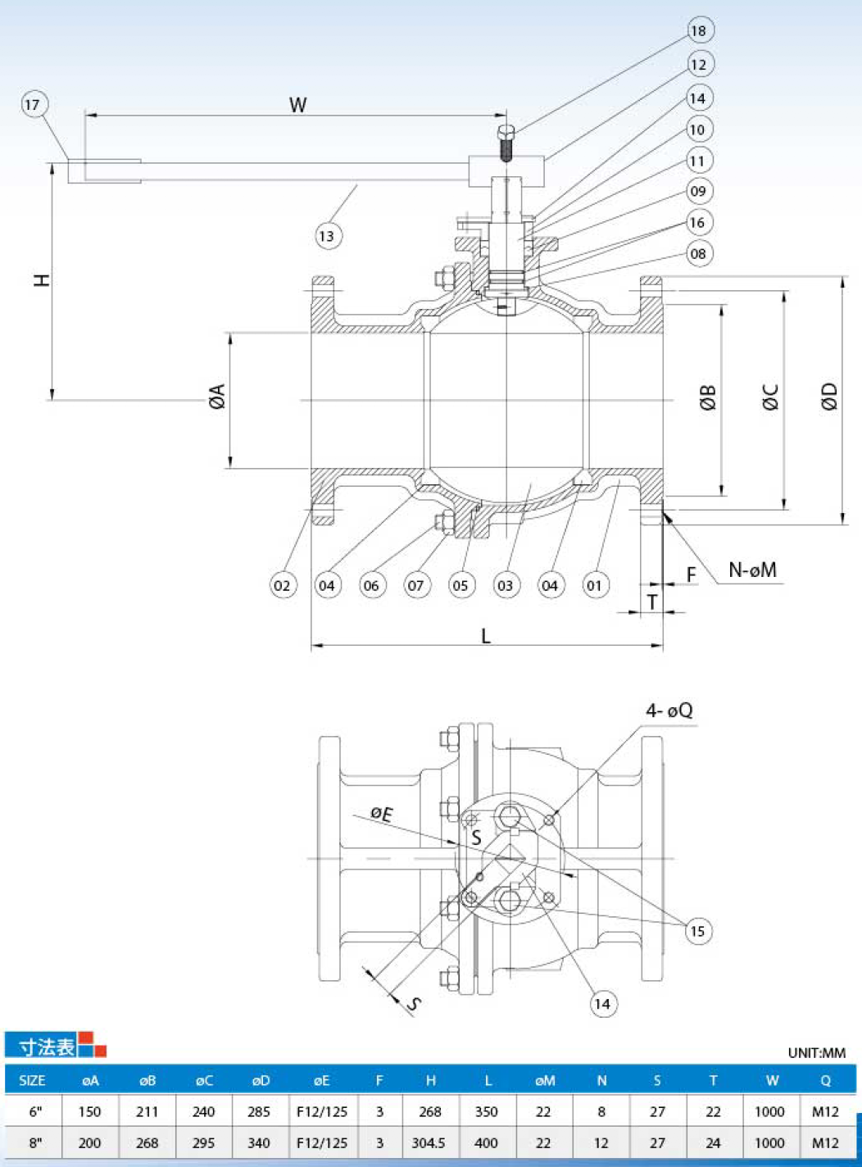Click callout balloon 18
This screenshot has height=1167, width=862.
point(700,30)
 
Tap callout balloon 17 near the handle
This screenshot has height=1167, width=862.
point(34,105)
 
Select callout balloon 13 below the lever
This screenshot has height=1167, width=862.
point(329,236)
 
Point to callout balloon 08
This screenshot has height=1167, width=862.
point(700,253)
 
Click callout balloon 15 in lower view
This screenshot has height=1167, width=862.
point(698,930)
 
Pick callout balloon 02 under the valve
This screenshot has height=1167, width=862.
point(284,585)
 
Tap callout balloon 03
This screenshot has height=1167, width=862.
point(506,585)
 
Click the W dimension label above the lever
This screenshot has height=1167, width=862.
point(298,105)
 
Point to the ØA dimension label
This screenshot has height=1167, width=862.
point(217,396)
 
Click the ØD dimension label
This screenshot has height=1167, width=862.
point(829,395)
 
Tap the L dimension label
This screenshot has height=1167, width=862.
point(486,636)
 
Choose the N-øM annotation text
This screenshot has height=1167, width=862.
point(752,570)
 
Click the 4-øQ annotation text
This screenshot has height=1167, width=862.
point(669,711)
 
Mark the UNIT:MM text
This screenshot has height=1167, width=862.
point(817,1053)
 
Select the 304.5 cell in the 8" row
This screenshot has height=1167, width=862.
point(429,1142)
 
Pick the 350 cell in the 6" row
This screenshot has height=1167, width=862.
point(486,1112)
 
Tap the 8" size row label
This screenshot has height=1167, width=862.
point(35,1142)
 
